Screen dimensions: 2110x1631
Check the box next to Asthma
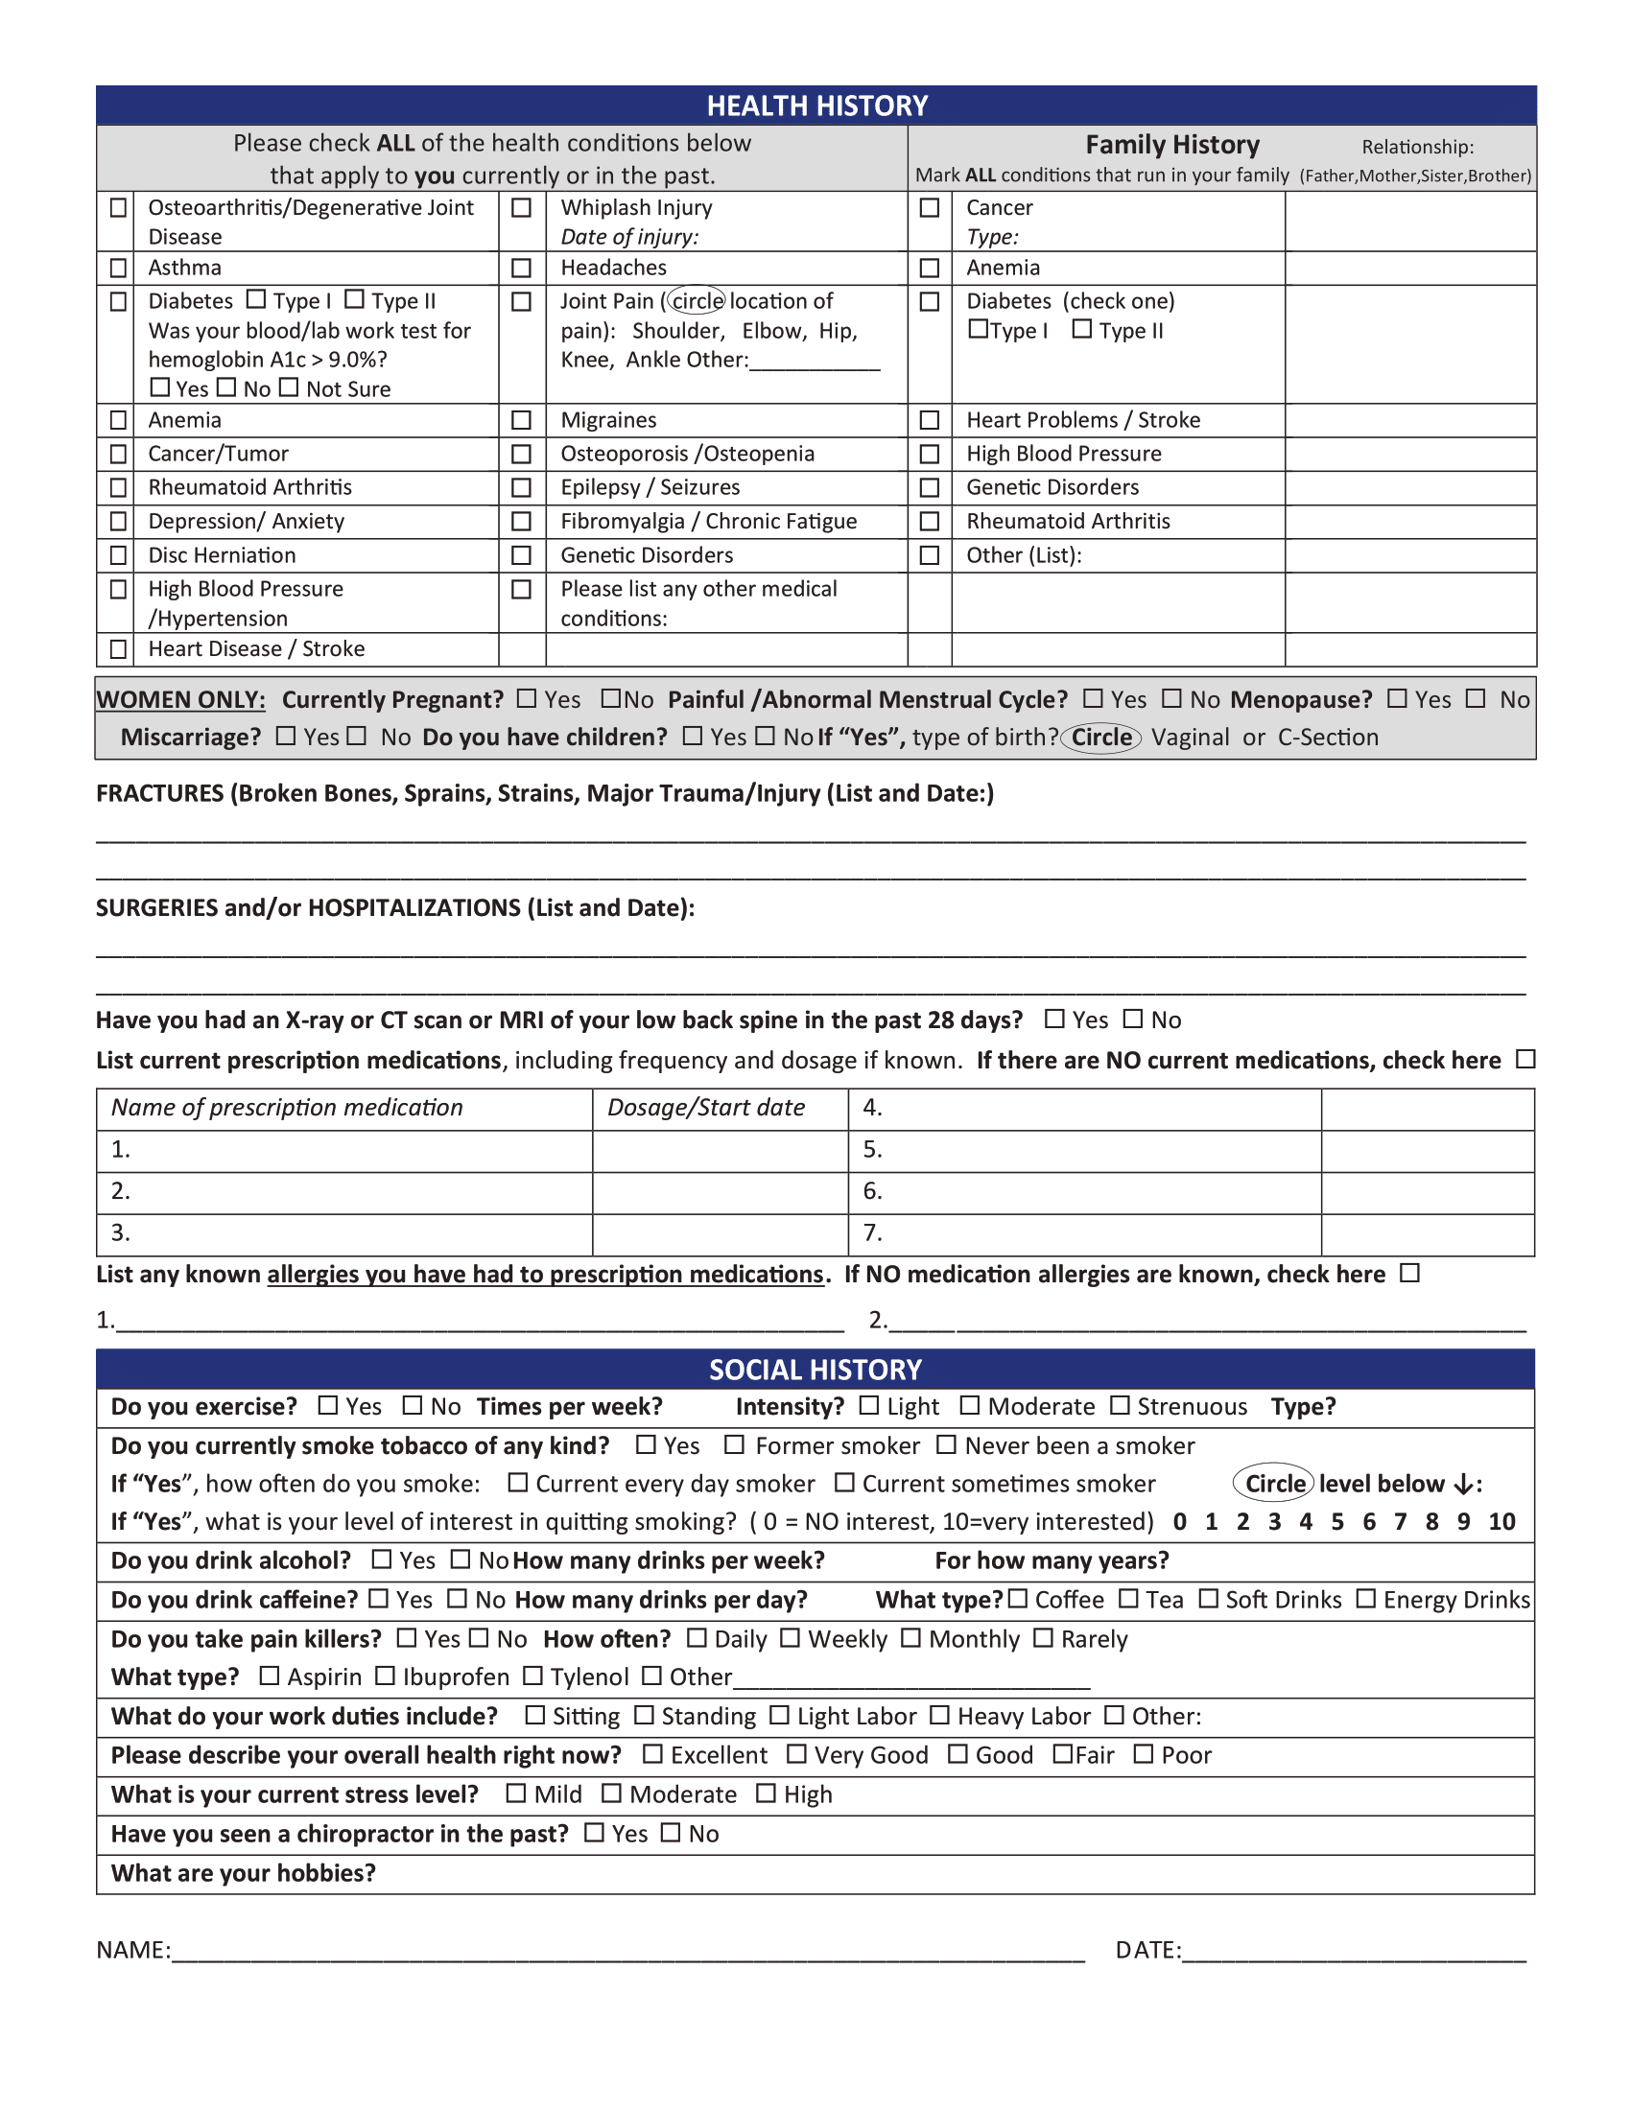click(x=118, y=268)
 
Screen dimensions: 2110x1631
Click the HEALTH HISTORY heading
click(x=816, y=105)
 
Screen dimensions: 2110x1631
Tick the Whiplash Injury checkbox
click(x=521, y=208)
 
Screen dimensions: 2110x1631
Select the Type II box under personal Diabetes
click(x=355, y=299)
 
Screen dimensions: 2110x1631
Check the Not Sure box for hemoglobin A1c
click(x=289, y=387)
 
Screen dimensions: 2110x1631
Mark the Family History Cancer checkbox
click(x=930, y=208)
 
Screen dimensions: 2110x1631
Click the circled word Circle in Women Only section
click(x=1100, y=738)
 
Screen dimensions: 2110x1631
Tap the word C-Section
click(x=1328, y=738)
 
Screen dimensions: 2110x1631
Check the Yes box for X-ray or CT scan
click(x=1055, y=1019)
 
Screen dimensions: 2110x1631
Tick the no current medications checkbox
click(x=1525, y=1059)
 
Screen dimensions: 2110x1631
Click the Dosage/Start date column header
click(x=705, y=1107)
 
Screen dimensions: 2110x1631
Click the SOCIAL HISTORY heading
click(x=815, y=1369)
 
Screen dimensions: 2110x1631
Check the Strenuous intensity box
click(x=1120, y=1406)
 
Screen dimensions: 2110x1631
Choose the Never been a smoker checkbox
click(x=947, y=1444)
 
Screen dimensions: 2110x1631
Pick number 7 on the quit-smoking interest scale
click(x=1400, y=1522)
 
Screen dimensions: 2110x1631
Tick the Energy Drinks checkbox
click(x=1365, y=1599)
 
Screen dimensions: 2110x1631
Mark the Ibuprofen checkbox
click(x=385, y=1676)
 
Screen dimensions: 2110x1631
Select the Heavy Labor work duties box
click(x=939, y=1715)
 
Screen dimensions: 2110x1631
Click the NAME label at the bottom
click(x=133, y=1950)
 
